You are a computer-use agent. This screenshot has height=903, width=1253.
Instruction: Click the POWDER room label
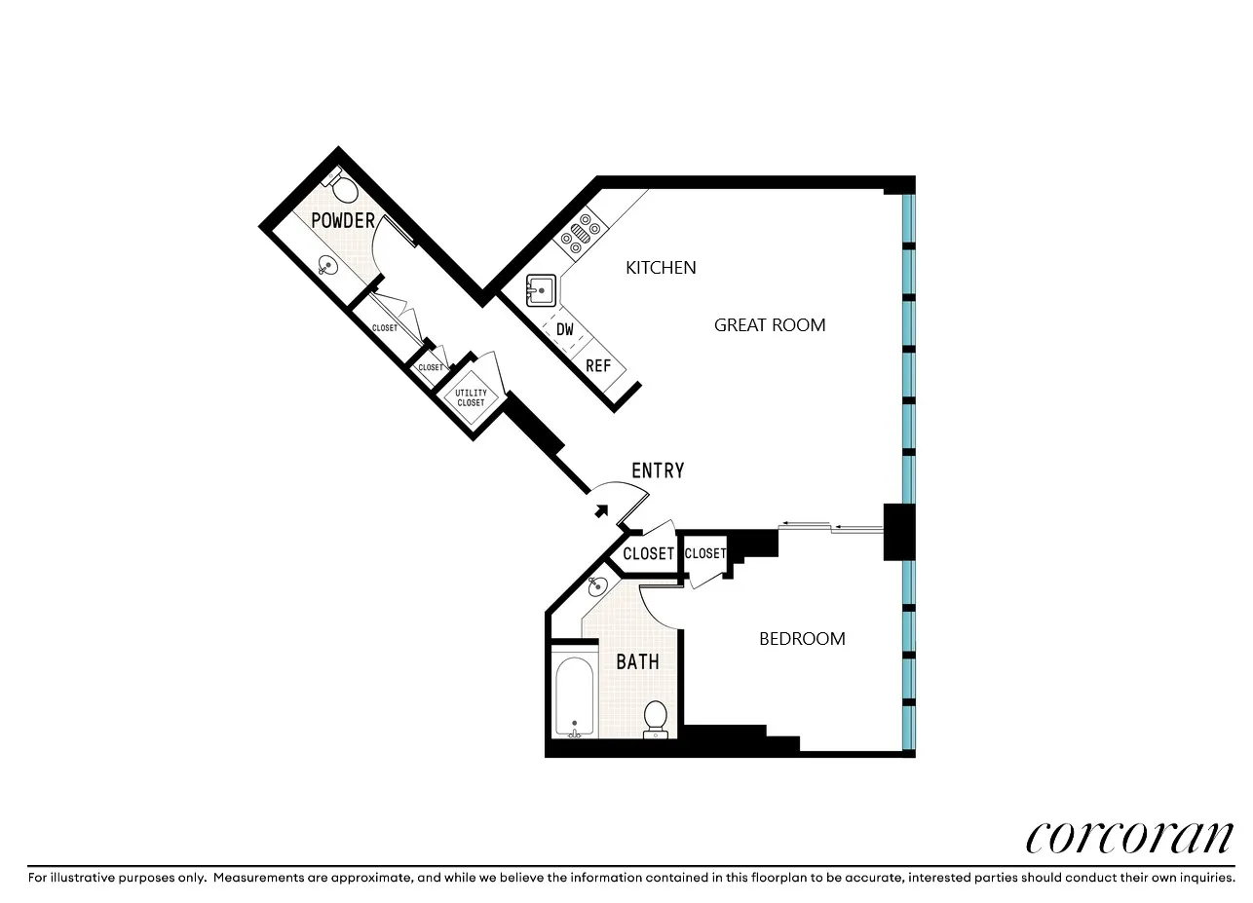pos(343,221)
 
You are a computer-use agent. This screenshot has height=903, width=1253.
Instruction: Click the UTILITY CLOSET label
pos(471,397)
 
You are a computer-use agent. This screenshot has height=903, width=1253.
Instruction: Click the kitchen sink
pos(540,290)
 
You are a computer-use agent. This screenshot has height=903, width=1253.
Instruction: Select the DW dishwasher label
pos(565,329)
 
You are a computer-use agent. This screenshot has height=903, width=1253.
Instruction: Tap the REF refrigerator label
pos(597,366)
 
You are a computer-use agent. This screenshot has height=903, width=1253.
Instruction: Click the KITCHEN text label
pos(661,267)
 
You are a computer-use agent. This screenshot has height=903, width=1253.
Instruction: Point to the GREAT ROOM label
pos(770,325)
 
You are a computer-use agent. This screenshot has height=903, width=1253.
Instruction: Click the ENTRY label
pos(658,471)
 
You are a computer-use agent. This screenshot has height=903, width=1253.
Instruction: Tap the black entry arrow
pos(601,509)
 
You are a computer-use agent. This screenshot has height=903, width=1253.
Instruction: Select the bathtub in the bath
pos(574,697)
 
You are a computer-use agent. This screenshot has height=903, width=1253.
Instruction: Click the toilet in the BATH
pos(656,718)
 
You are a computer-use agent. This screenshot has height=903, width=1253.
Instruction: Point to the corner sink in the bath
pos(598,585)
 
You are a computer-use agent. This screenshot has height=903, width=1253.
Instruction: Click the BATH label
pos(637,662)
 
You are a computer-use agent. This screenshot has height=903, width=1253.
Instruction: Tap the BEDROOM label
pos(802,639)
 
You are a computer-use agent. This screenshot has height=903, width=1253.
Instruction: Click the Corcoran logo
pos(1129,837)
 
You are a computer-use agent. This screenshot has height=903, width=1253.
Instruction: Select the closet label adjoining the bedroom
pos(704,553)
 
